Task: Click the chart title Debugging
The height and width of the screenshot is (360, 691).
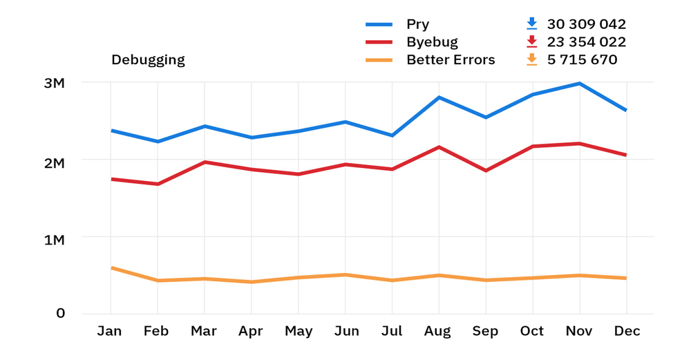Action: (148, 60)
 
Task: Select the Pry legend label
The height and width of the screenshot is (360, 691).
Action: (417, 24)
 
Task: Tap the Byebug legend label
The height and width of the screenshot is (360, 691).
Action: (432, 42)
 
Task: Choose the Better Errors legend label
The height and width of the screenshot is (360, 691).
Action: (451, 60)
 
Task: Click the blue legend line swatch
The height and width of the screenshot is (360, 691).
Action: (379, 25)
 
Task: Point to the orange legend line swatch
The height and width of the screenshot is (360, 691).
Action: (379, 61)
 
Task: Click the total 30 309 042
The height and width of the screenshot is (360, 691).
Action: (586, 24)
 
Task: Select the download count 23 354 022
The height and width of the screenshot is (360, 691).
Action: (586, 42)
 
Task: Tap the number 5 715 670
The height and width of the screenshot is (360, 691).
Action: (582, 60)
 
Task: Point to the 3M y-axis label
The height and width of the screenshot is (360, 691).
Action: (53, 84)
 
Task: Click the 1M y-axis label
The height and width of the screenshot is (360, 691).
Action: (53, 240)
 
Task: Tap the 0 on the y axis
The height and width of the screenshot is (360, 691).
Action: (61, 314)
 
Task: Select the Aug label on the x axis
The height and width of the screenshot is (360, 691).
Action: (439, 332)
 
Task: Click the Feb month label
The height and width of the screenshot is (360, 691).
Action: (156, 332)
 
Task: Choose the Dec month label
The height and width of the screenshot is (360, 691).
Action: (627, 332)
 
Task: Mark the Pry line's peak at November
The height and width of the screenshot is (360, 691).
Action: (579, 84)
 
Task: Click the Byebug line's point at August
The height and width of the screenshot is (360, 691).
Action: (439, 147)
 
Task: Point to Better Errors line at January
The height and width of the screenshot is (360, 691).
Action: (111, 267)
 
